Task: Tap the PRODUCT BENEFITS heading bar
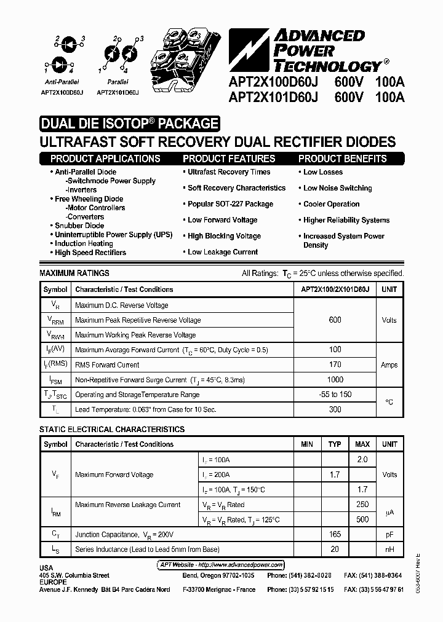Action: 342,159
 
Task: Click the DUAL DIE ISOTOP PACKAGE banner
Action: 129,124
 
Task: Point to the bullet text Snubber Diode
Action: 79,226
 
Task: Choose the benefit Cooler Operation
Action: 331,204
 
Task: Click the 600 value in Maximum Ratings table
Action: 335,320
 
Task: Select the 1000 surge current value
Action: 335,380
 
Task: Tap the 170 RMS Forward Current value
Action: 335,364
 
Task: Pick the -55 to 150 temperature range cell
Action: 335,395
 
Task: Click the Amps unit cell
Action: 389,364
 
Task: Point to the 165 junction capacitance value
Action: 335,535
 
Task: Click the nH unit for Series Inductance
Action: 389,549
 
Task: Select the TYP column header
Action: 335,444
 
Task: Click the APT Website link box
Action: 218,565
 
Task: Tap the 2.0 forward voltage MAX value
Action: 362,460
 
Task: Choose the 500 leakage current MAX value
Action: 362,519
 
